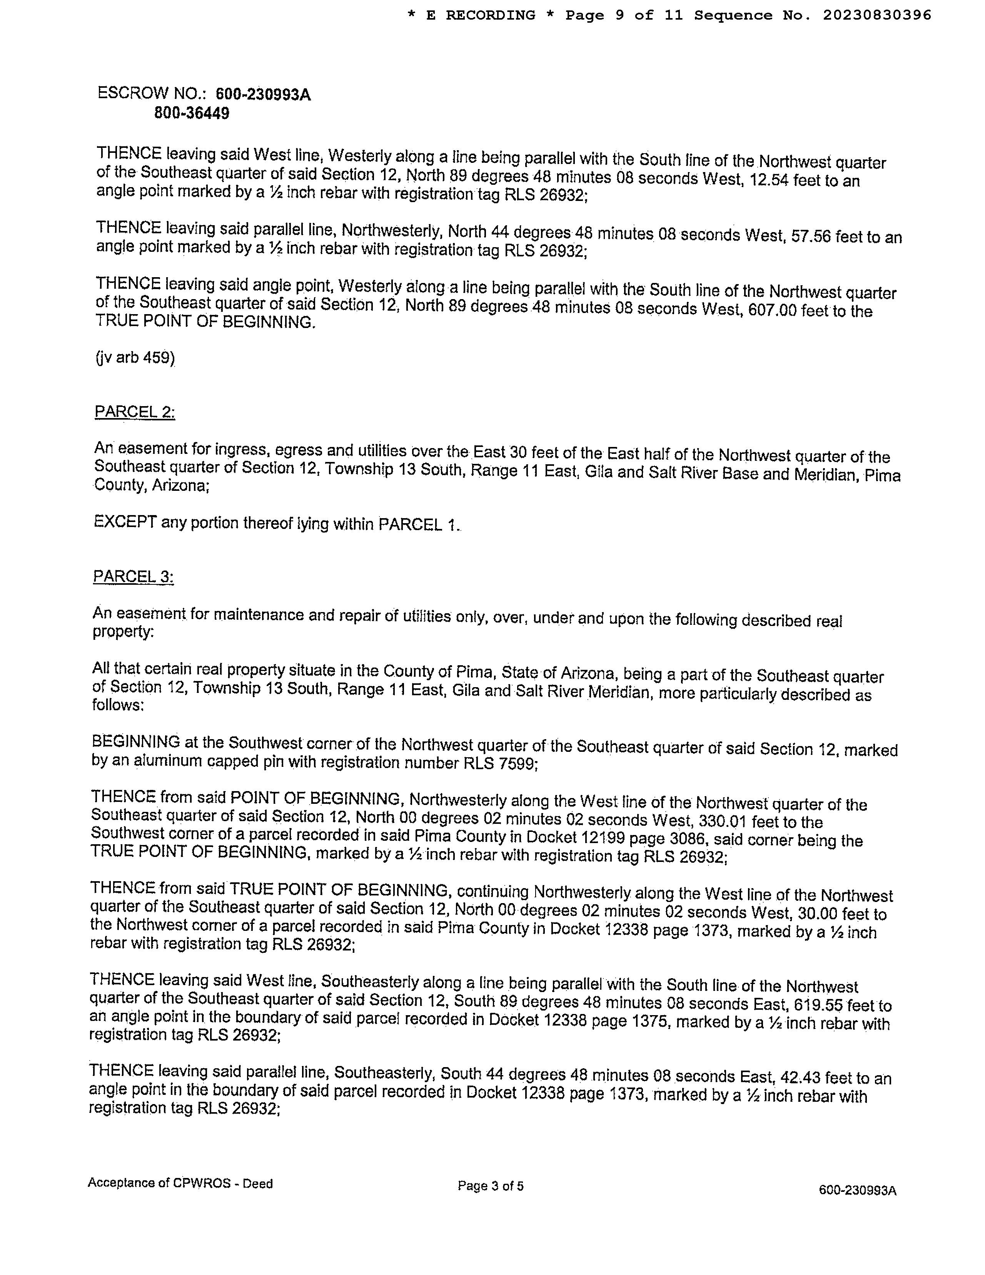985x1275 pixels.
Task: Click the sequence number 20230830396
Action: [877, 15]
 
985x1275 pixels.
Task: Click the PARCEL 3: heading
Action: [133, 577]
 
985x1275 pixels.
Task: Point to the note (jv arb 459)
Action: [135, 357]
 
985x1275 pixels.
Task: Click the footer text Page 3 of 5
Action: [491, 1186]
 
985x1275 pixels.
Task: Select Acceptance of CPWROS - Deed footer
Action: [180, 1183]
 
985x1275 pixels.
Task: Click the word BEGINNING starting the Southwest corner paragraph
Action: [135, 742]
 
